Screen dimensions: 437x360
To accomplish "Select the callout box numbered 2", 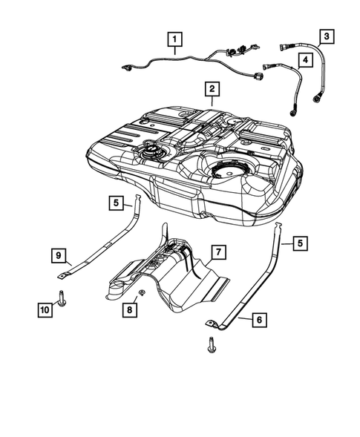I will (x=212, y=90).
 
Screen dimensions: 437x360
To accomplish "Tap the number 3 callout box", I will (x=326, y=35).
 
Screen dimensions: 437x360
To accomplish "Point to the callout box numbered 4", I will (x=304, y=59).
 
